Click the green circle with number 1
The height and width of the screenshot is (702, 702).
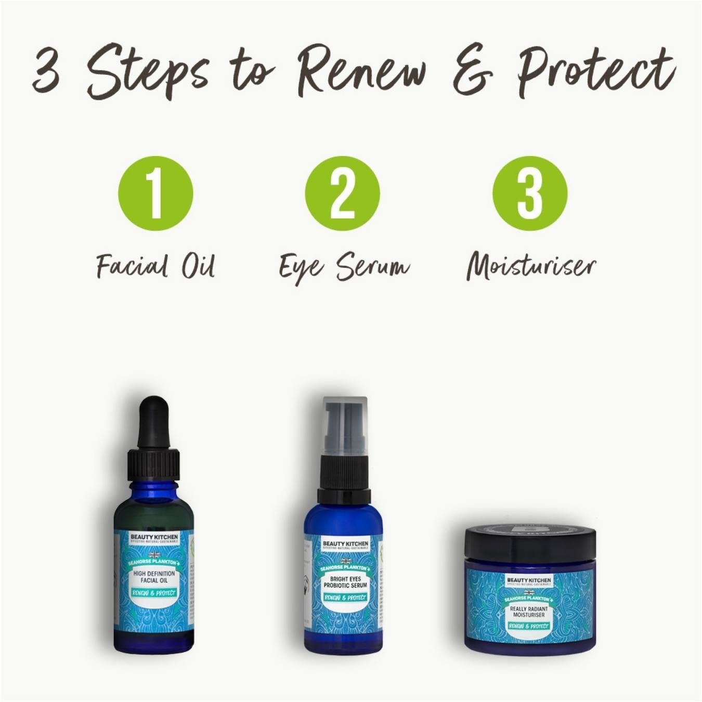tap(155, 193)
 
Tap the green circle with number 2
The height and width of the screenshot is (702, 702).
tap(342, 193)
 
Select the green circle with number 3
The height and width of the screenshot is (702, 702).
tap(530, 193)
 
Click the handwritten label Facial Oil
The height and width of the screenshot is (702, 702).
tap(155, 267)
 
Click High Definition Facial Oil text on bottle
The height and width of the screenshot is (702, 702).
tap(154, 577)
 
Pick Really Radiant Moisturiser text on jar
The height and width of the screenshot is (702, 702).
tap(528, 612)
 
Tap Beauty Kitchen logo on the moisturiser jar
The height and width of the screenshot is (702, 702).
tap(528, 580)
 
